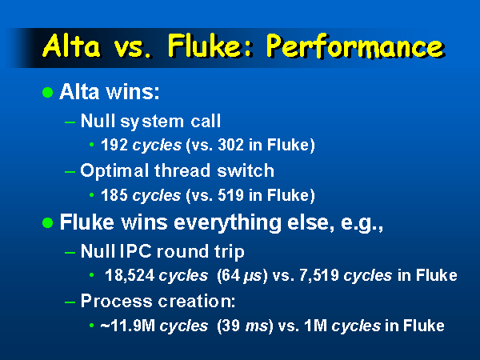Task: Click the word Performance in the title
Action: coord(355,46)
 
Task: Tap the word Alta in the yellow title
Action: coord(71,46)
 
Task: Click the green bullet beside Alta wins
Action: coord(48,92)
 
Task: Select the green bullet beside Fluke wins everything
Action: coord(48,223)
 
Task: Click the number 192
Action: coord(114,145)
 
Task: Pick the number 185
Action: coord(114,195)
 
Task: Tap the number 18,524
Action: coord(130,275)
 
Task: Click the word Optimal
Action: coord(114,171)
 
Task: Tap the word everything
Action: coord(227,223)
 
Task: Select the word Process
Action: coord(116,302)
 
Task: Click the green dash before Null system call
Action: coord(70,122)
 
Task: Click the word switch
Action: coord(246,170)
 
